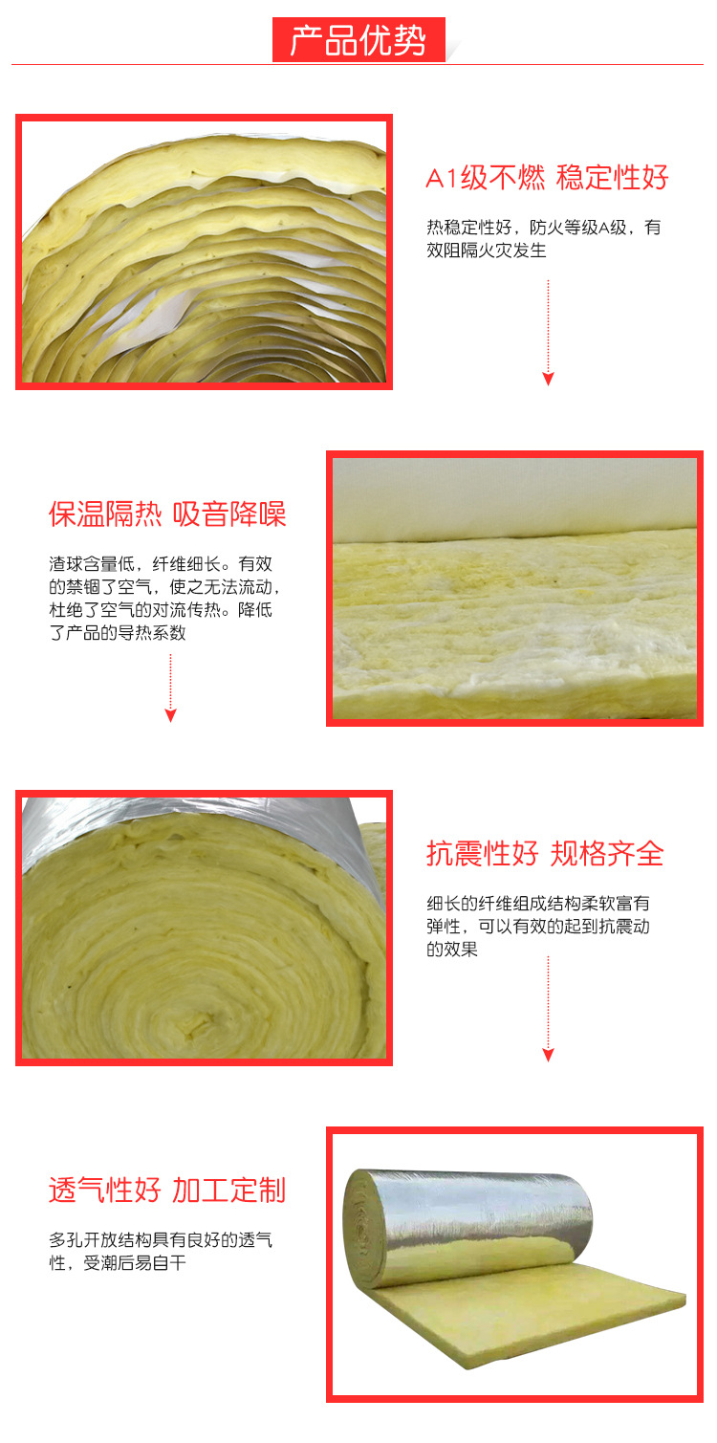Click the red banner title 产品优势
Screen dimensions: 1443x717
[x=358, y=41]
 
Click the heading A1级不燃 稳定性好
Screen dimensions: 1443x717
[x=547, y=178]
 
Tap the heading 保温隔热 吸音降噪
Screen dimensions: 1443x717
[x=167, y=514]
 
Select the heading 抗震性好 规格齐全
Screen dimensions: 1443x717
[x=545, y=853]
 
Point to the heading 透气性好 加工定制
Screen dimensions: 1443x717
[x=167, y=1190]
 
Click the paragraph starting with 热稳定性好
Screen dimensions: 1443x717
[x=543, y=239]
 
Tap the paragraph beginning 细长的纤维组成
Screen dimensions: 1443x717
[x=538, y=926]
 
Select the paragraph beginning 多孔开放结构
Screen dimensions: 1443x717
[x=161, y=1252]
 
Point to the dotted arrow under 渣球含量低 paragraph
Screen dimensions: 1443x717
[x=171, y=687]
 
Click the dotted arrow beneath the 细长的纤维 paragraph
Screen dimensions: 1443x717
[x=548, y=1008]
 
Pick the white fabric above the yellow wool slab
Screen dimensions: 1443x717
[x=516, y=497]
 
